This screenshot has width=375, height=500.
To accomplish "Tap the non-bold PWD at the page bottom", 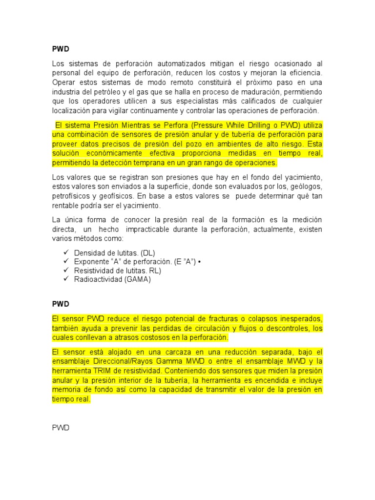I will point(61,428).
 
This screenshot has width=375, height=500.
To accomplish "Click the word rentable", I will point(66,205).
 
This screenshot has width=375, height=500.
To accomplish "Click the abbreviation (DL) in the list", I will point(148,252).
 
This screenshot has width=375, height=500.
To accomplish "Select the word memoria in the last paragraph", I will point(68,390).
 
